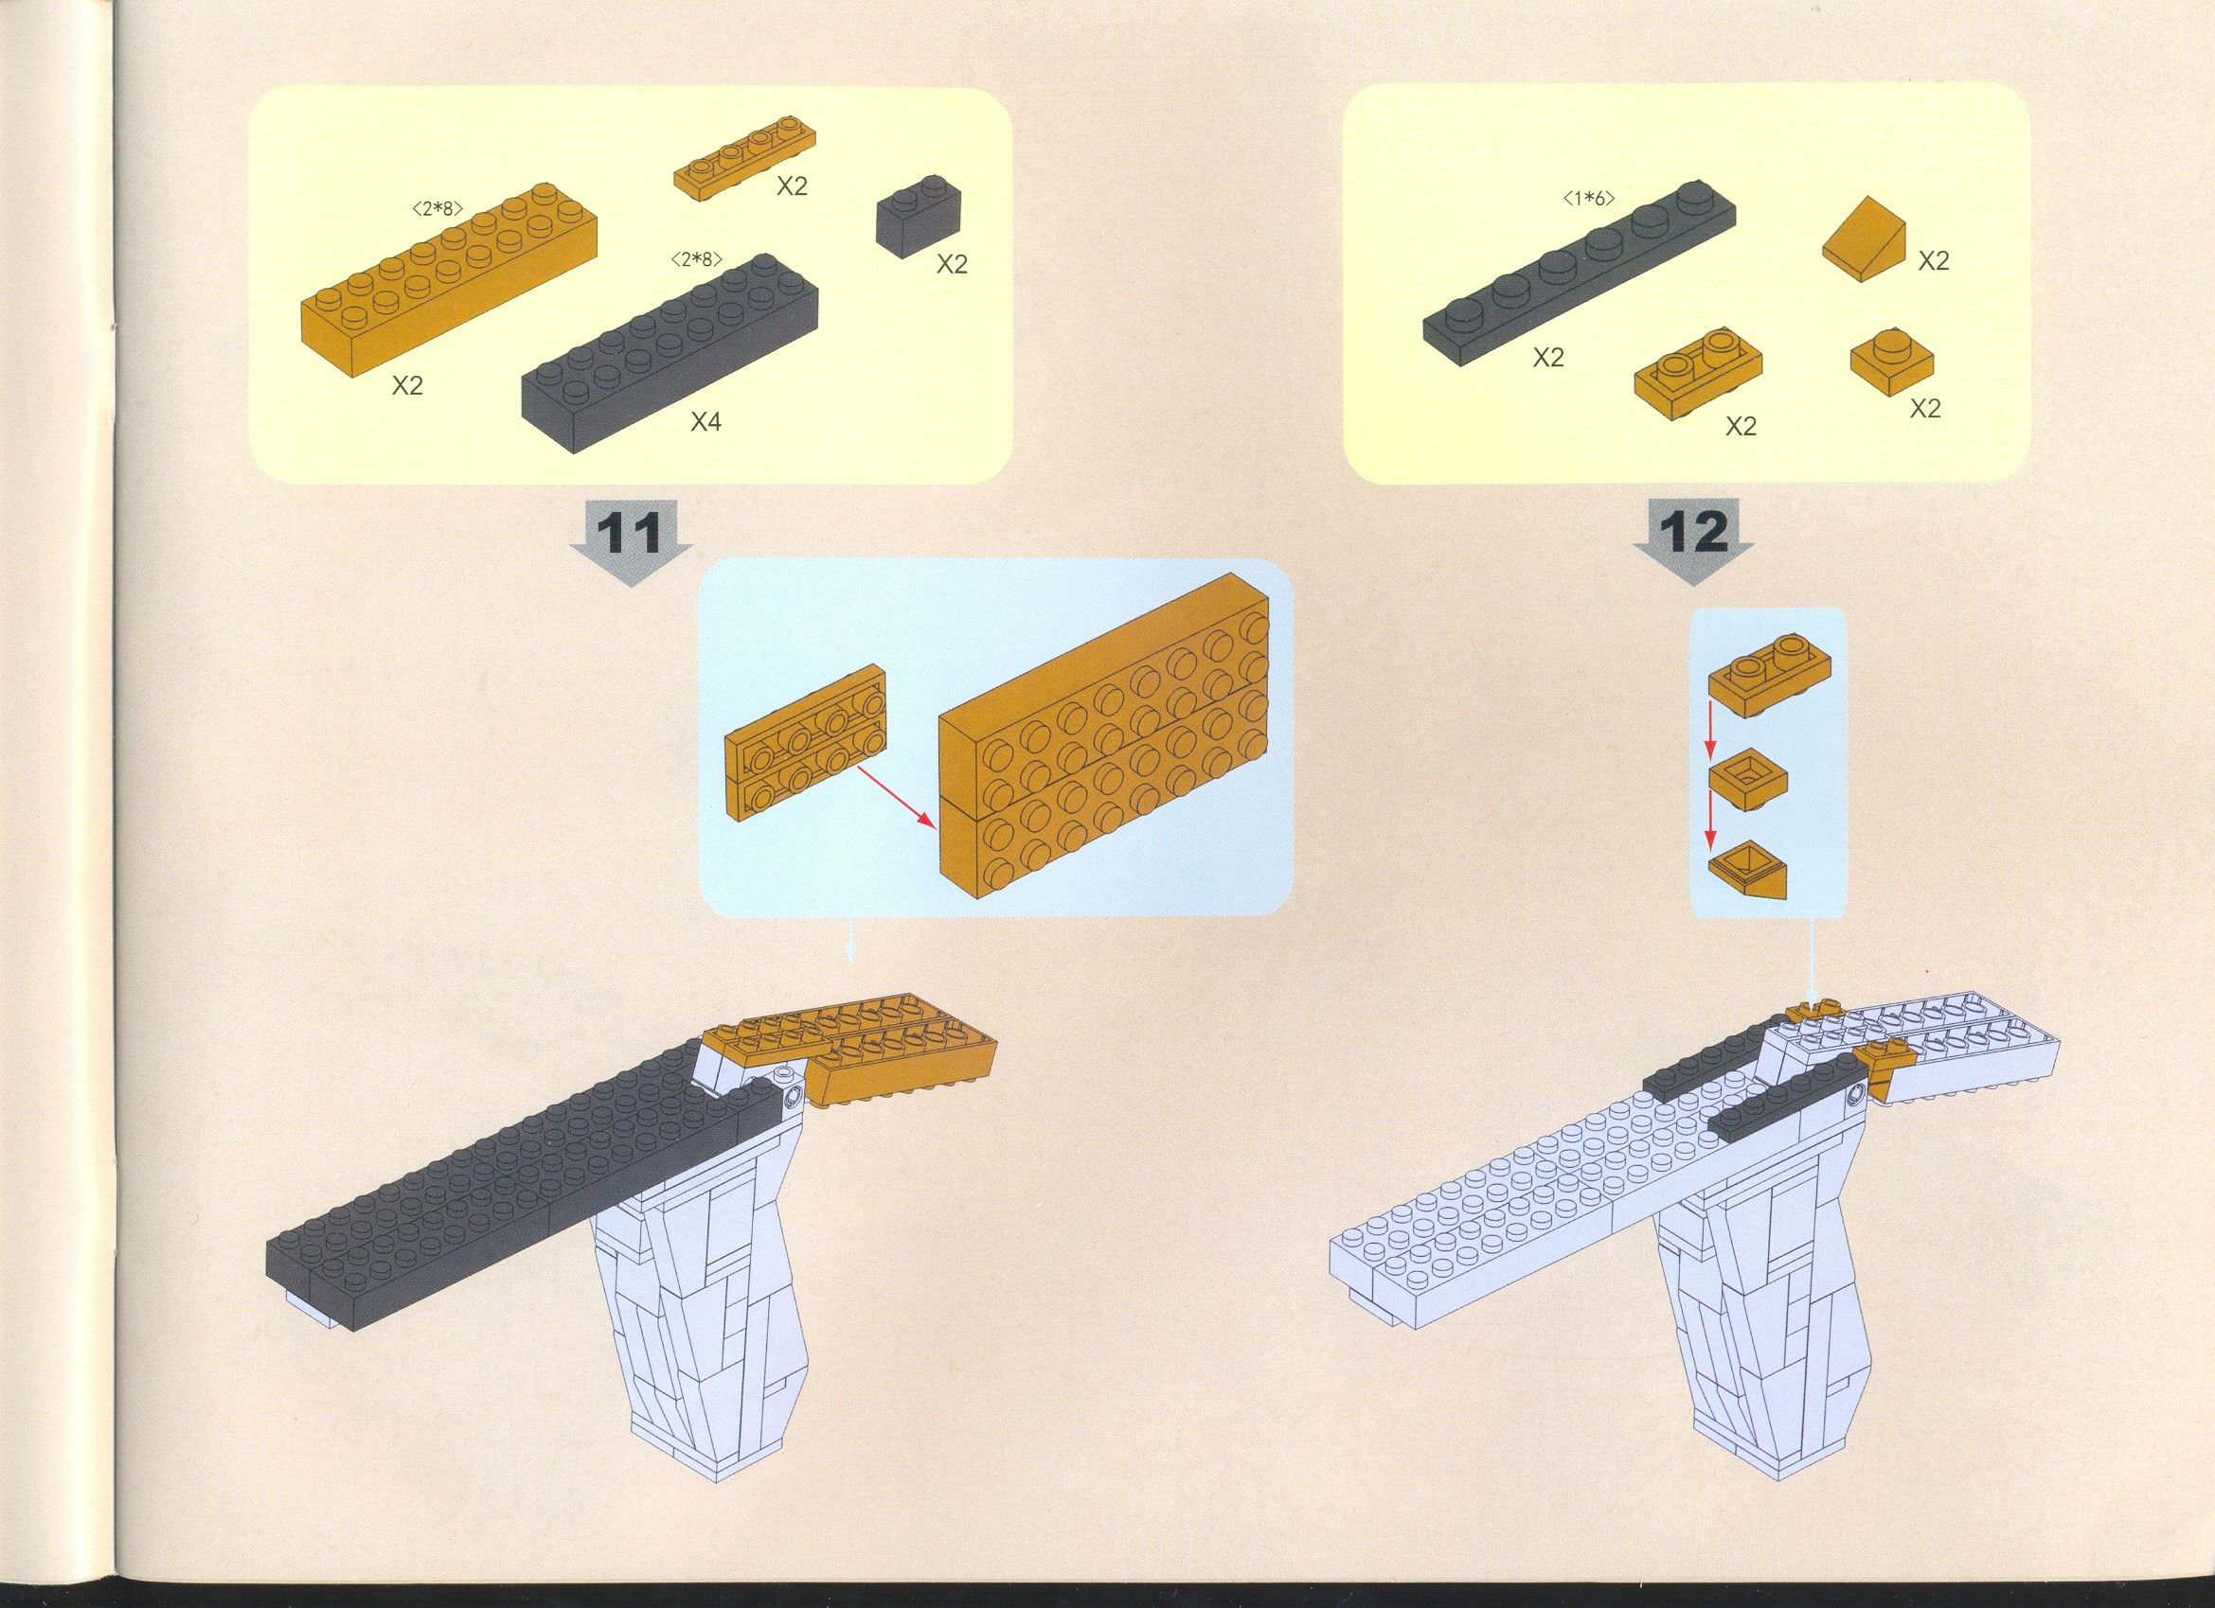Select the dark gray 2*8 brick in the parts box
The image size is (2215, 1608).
tap(670, 352)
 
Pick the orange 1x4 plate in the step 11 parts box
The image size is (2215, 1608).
tap(744, 162)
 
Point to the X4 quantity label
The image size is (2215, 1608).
tap(706, 422)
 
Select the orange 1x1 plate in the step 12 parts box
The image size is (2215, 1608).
tap(1892, 363)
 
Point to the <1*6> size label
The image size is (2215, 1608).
tap(1589, 200)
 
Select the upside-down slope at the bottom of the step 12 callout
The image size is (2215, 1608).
tap(1747, 871)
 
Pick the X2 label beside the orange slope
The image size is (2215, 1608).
tap(1933, 261)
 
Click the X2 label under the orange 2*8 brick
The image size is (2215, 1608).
tap(407, 385)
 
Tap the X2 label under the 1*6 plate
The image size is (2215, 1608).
tap(1548, 359)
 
